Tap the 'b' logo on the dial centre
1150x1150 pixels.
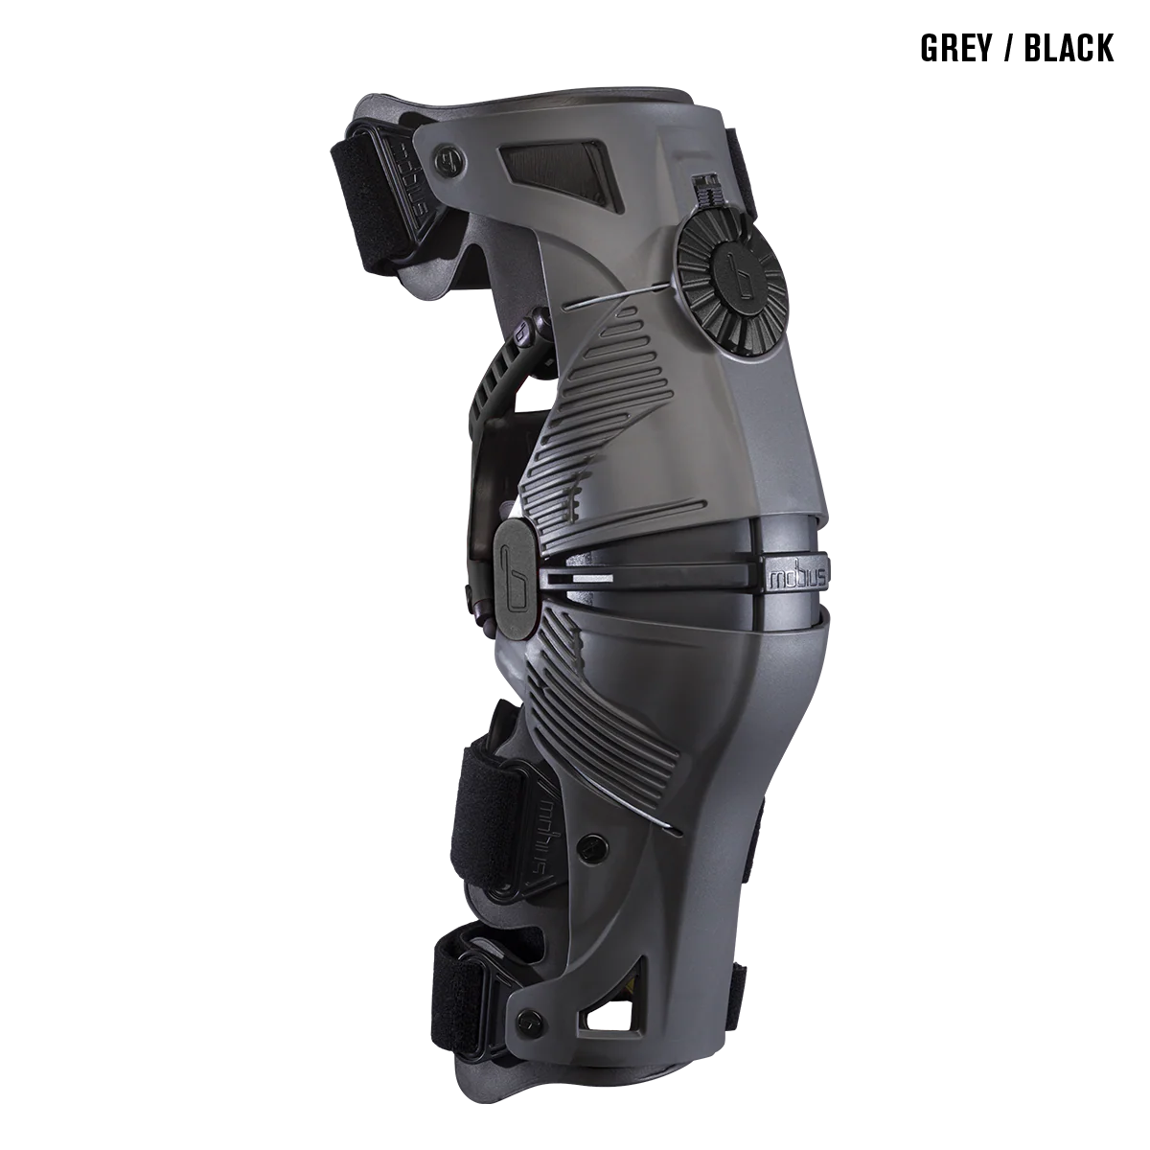point(738,278)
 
